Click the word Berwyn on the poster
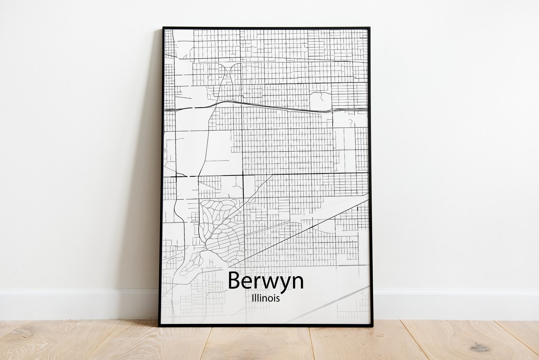[266, 281]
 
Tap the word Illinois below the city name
[266, 299]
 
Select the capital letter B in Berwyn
[235, 281]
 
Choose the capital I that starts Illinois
[253, 298]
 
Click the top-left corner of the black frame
[163, 28]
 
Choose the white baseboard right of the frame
[455, 304]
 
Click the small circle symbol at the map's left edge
[165, 150]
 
